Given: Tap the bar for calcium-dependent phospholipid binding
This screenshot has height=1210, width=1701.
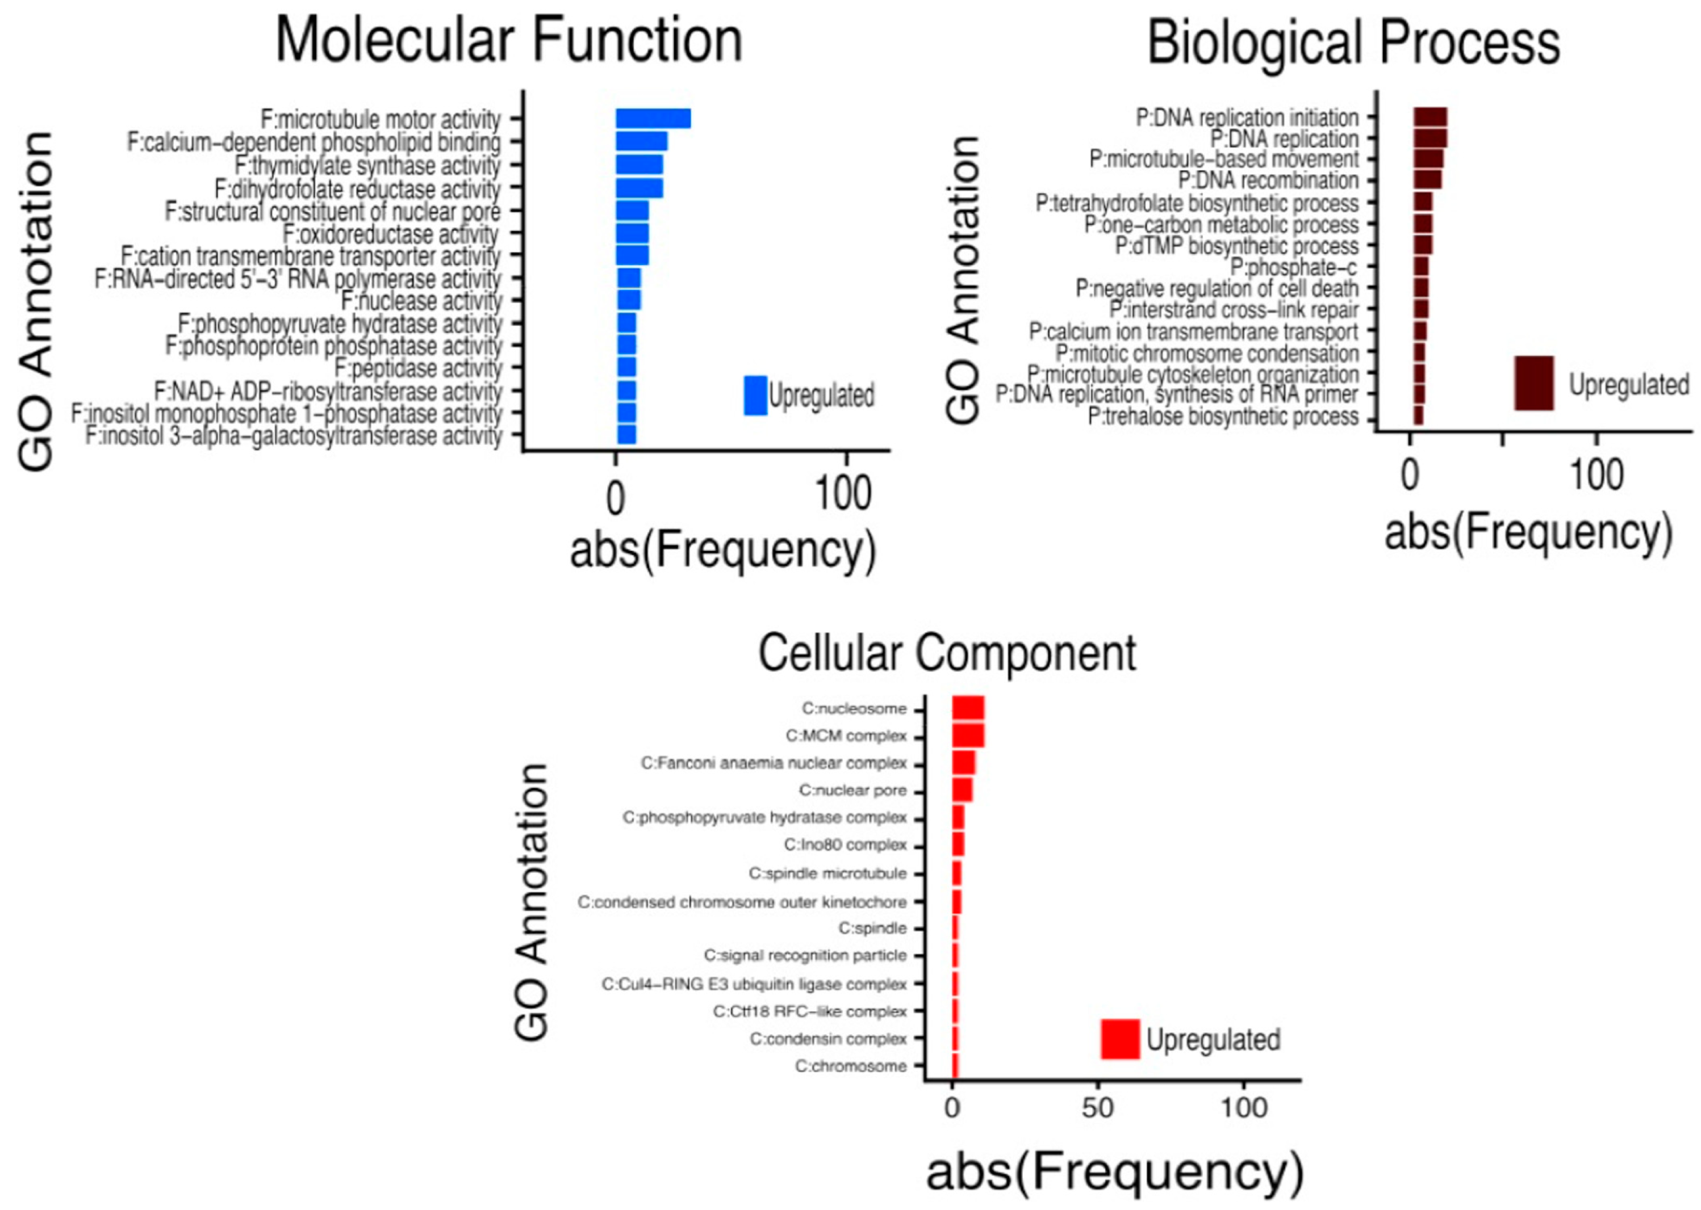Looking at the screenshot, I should tap(641, 141).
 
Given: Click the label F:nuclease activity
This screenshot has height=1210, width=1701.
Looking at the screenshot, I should tap(422, 302).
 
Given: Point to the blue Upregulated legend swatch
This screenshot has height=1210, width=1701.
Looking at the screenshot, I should tap(755, 395).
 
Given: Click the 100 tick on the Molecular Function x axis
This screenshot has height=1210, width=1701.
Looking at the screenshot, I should tap(843, 495).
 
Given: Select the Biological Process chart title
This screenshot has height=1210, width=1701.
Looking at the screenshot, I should tap(1353, 43).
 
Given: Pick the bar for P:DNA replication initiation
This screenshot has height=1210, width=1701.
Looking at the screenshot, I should tap(1430, 117).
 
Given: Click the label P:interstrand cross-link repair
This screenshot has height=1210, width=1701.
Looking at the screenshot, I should tap(1234, 310).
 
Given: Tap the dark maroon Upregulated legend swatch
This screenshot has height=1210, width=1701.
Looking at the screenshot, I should tap(1534, 383).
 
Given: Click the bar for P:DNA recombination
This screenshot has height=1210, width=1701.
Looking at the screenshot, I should tap(1427, 180).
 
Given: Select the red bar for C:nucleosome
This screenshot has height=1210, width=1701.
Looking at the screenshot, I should tap(968, 708).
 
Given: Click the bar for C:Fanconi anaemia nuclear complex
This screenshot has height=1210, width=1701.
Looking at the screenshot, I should tap(963, 763).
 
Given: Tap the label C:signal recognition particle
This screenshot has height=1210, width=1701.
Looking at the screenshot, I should tap(805, 955).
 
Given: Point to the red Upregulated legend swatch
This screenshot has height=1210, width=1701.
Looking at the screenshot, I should tap(1119, 1039).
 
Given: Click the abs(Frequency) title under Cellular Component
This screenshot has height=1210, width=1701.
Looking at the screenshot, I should tap(1114, 1172).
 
